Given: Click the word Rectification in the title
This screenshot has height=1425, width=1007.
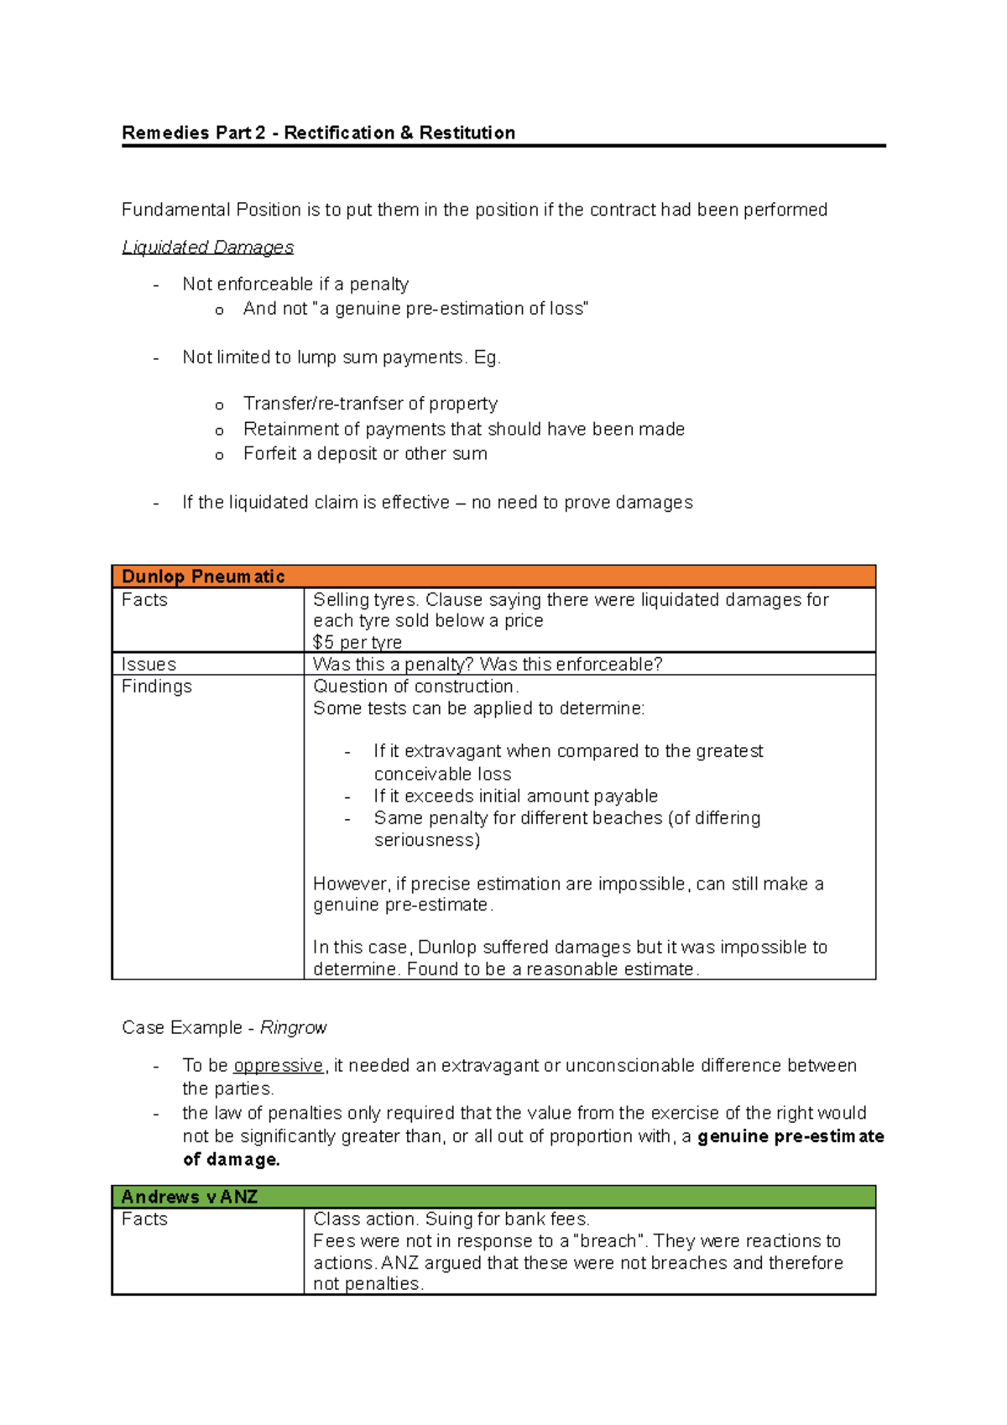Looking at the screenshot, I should click(x=339, y=133).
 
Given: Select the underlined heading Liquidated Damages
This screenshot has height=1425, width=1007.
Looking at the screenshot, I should click(x=207, y=247).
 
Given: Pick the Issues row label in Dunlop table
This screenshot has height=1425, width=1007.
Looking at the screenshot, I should click(x=149, y=665).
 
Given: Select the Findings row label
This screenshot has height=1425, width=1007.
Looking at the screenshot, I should click(x=156, y=686).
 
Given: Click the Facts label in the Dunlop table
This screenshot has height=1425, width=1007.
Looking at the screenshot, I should click(x=144, y=600).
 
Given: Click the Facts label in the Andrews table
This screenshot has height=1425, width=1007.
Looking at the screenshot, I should click(x=144, y=1219).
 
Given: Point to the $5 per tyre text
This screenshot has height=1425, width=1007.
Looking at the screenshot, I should click(x=357, y=643).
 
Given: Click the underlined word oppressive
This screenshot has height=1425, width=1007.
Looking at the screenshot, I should click(x=278, y=1066).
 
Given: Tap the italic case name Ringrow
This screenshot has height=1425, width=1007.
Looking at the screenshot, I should click(x=293, y=1028).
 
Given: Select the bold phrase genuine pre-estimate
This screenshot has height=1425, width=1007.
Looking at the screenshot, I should click(x=790, y=1136).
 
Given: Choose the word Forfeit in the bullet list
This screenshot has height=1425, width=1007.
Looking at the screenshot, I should click(x=269, y=454).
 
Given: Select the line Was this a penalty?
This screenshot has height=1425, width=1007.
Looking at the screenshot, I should click(x=394, y=665).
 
